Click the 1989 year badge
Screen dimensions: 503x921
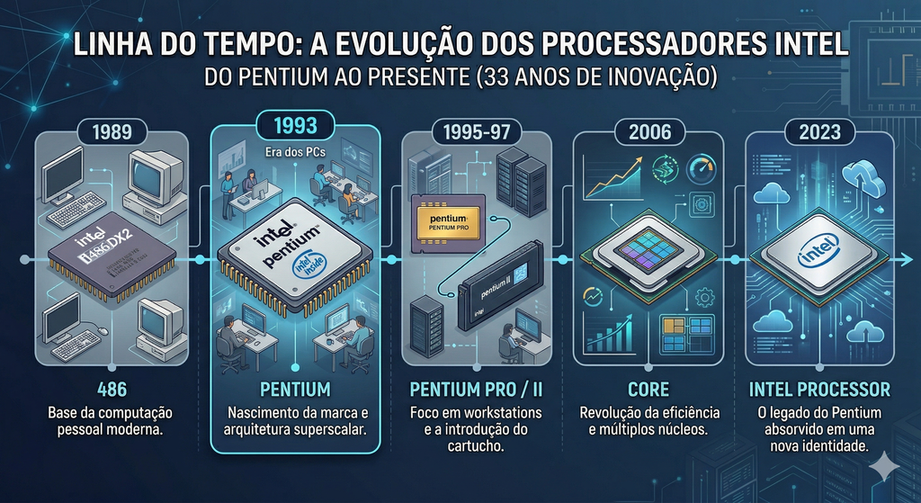[x=112, y=131]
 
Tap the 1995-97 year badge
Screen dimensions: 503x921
[x=470, y=131]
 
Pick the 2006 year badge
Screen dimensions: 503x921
[x=650, y=131]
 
